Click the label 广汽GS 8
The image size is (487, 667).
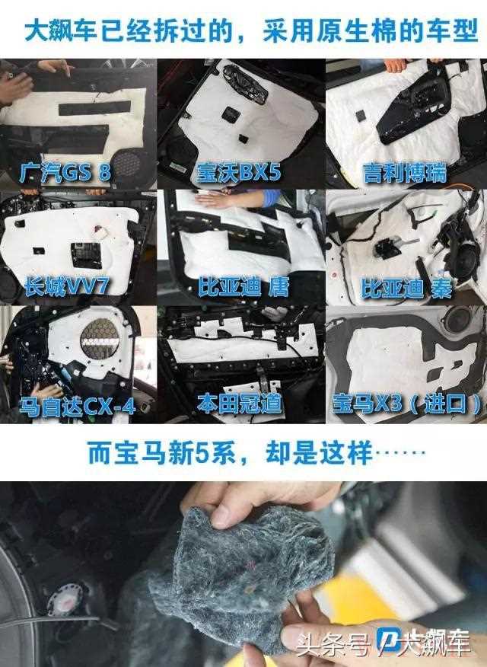point(65,173)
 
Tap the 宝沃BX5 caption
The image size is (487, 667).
point(239,173)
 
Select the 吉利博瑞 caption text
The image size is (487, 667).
point(405,173)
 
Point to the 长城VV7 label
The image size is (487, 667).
point(66,287)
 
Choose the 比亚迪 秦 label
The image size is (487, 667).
point(406,288)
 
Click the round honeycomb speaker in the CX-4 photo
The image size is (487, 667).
point(100,338)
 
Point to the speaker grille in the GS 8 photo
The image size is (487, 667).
point(129,164)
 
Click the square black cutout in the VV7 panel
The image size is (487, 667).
point(86,255)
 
